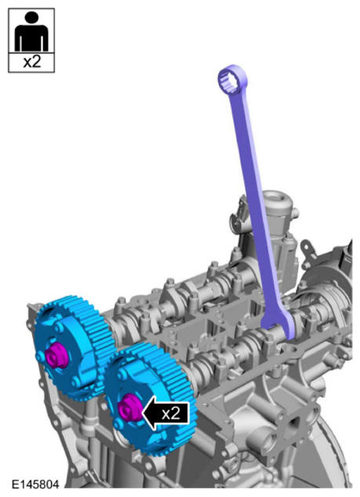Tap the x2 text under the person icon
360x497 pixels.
pos(32,62)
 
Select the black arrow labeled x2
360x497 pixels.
pos(165,413)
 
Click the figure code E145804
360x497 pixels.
pos(35,484)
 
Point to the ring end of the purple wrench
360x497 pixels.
pos(232,79)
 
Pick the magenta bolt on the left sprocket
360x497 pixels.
pos(57,355)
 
